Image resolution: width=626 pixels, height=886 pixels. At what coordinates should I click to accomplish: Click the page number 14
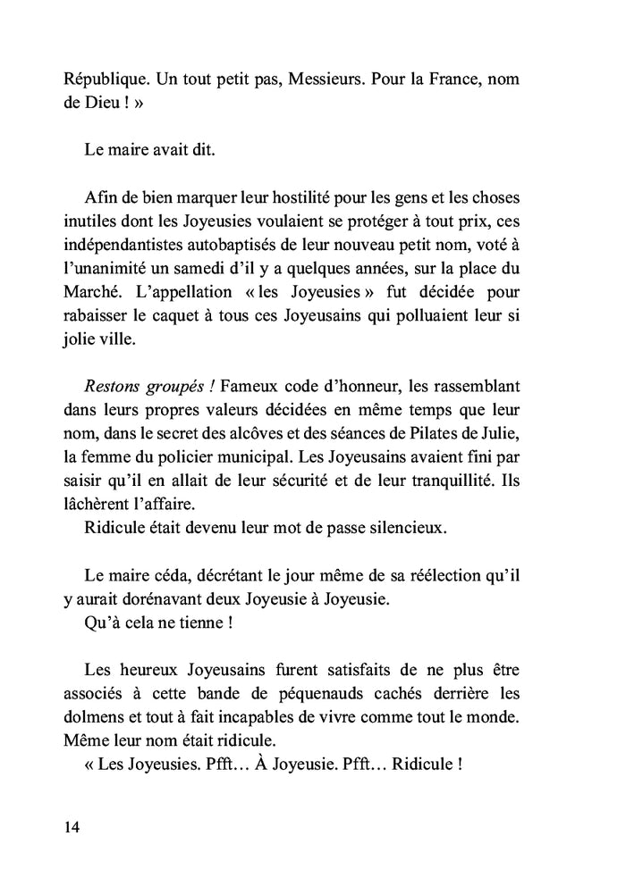pyautogui.click(x=72, y=826)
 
